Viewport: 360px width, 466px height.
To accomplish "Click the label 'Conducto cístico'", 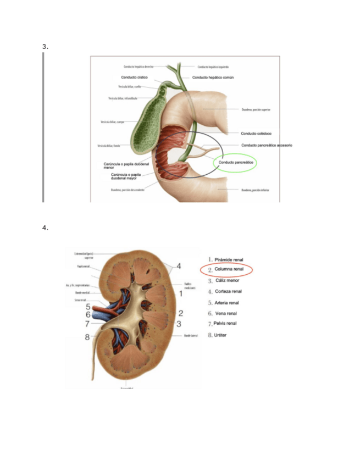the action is click(x=134, y=77).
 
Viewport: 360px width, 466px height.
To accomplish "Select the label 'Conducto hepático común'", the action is click(x=213, y=77).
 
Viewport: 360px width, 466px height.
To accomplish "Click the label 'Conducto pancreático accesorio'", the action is click(x=267, y=146).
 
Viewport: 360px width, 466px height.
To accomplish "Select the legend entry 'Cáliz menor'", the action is click(x=227, y=280).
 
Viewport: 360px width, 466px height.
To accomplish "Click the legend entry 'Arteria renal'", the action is click(x=227, y=302).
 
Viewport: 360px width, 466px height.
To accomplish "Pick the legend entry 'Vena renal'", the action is click(x=226, y=313).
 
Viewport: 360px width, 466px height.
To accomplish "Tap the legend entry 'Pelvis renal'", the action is click(x=225, y=324).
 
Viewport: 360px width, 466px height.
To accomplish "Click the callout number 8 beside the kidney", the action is click(x=87, y=337).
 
